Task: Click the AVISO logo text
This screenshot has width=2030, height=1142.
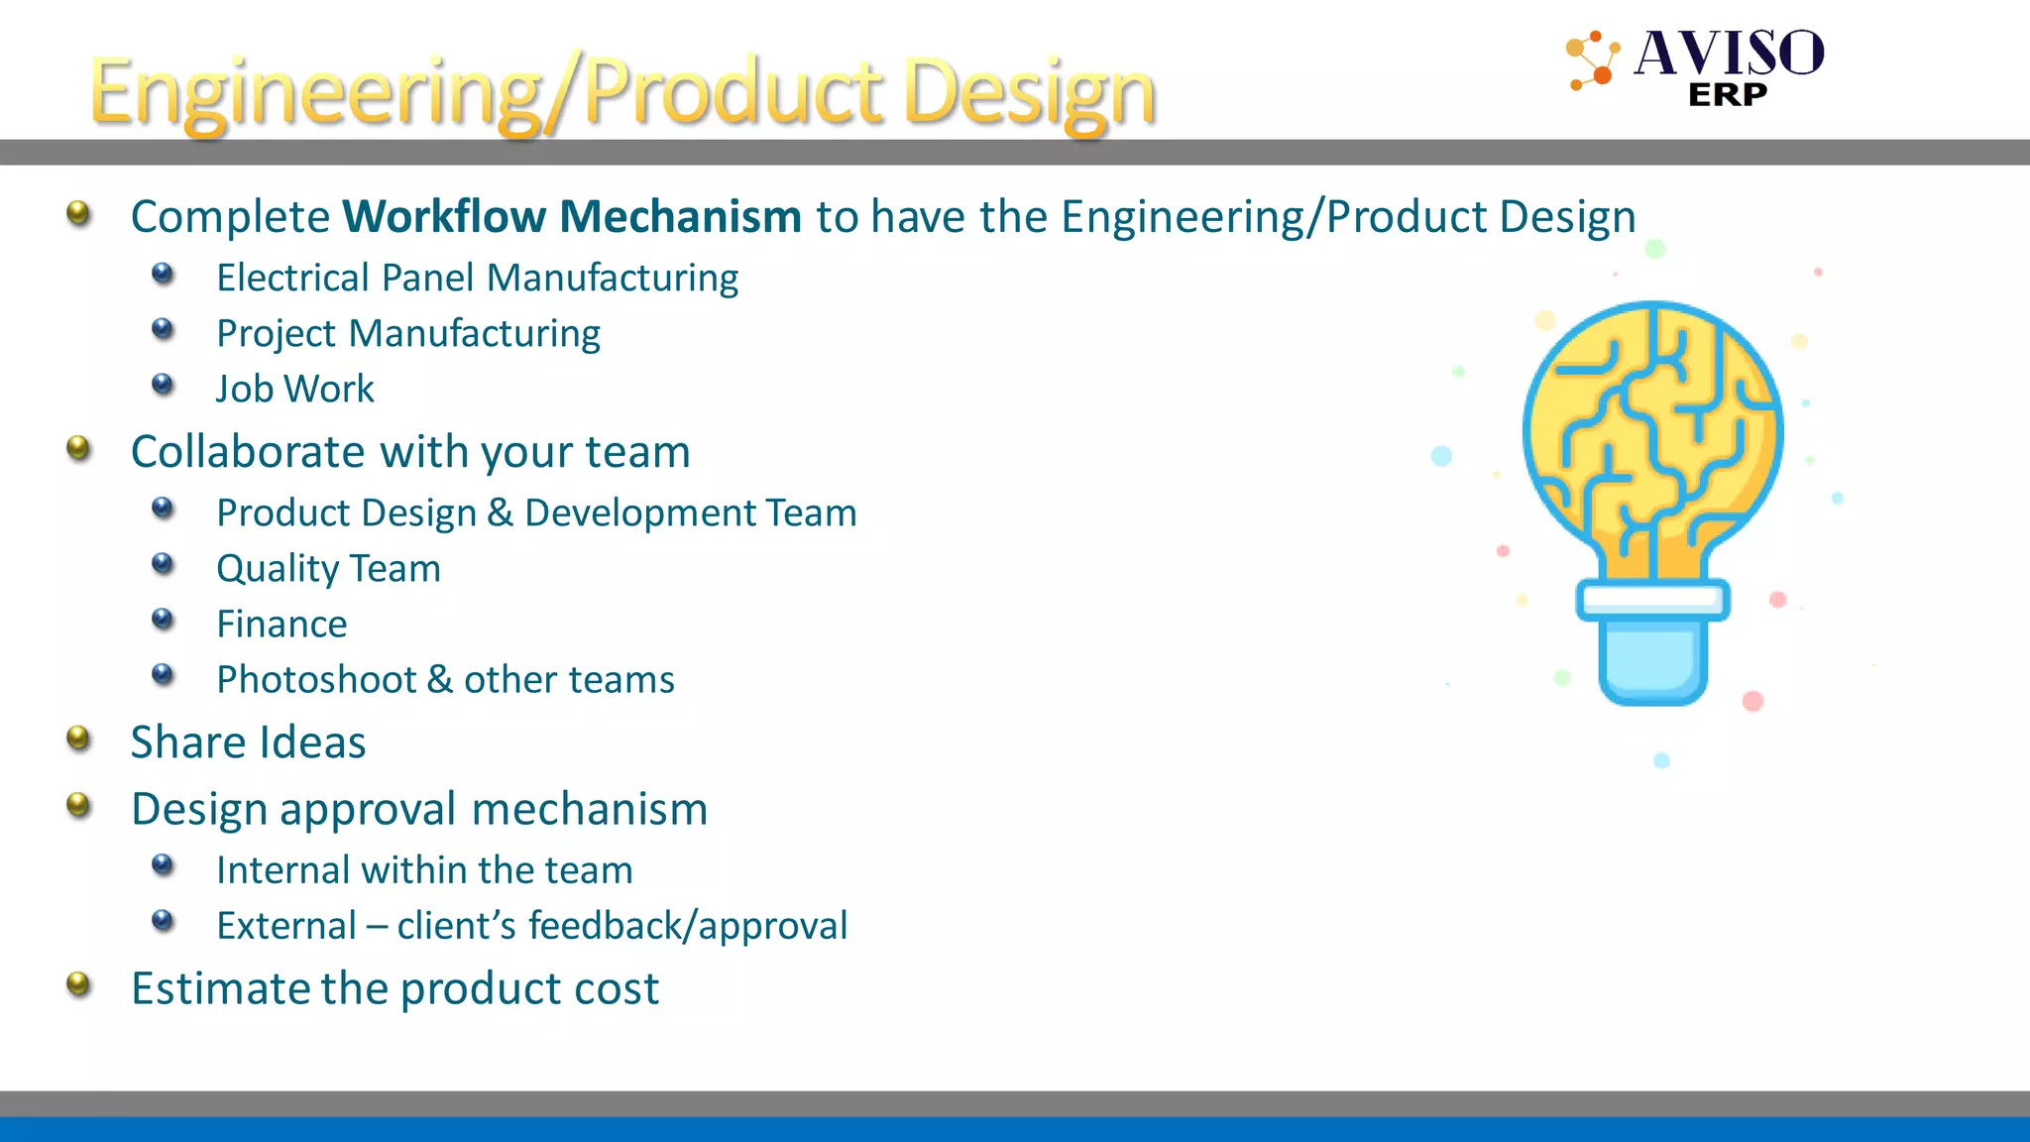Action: [x=1729, y=54]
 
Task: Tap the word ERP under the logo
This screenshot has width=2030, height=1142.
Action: [x=1727, y=95]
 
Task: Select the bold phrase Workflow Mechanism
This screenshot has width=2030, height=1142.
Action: [x=572, y=217]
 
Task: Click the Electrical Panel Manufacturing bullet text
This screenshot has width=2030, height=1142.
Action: [x=477, y=279]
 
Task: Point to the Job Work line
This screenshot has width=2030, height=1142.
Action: [x=294, y=390]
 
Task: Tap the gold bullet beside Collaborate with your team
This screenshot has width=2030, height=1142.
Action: [x=78, y=449]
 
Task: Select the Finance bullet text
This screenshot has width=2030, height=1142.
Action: [x=282, y=625]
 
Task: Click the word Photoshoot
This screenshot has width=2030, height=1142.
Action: [x=316, y=680]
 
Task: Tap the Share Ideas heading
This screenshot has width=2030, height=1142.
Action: [x=248, y=742]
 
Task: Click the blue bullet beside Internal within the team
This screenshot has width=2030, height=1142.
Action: [x=163, y=866]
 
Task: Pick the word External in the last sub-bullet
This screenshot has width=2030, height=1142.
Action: [x=286, y=926]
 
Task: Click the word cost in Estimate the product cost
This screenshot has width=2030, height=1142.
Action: [x=618, y=988]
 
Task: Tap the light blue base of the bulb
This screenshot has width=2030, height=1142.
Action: [x=1652, y=662]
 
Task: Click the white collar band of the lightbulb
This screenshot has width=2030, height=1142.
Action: [x=1652, y=599]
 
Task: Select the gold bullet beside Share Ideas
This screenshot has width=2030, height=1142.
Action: [x=78, y=739]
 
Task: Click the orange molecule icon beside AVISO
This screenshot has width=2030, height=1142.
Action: [x=1593, y=59]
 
